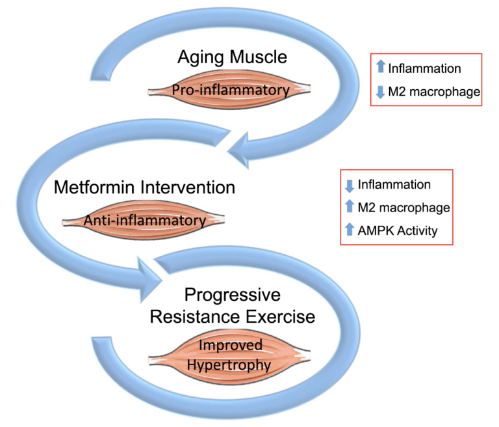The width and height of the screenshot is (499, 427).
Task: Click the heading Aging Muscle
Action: pos(231,57)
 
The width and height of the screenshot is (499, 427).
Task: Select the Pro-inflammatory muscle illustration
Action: pos(231,90)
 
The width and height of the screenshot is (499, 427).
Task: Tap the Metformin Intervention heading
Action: pos(144,188)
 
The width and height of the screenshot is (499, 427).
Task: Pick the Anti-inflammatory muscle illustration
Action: pos(144,221)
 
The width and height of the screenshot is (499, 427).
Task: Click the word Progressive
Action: pos(233,295)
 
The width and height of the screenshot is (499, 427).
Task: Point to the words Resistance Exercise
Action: pos(233,317)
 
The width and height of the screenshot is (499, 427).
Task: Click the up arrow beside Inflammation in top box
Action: pos(381,66)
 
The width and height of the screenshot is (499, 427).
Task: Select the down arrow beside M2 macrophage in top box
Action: pos(381,92)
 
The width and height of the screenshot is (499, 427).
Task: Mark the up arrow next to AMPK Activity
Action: pos(350,228)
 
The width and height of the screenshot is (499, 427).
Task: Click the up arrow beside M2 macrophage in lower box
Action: pos(350,207)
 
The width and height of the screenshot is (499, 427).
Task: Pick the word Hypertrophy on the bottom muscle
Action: pos(228,365)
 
